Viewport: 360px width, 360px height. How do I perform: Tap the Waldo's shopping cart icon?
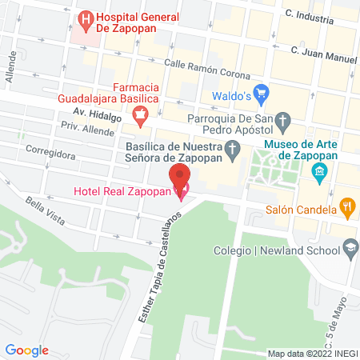261,91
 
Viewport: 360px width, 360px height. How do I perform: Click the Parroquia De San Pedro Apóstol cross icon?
282,121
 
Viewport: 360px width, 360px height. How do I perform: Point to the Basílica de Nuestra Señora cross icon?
233,148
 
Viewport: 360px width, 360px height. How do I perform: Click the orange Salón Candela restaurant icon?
346,206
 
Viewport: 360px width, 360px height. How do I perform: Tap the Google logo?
27,350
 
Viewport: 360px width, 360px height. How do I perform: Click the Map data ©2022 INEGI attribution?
312,353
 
